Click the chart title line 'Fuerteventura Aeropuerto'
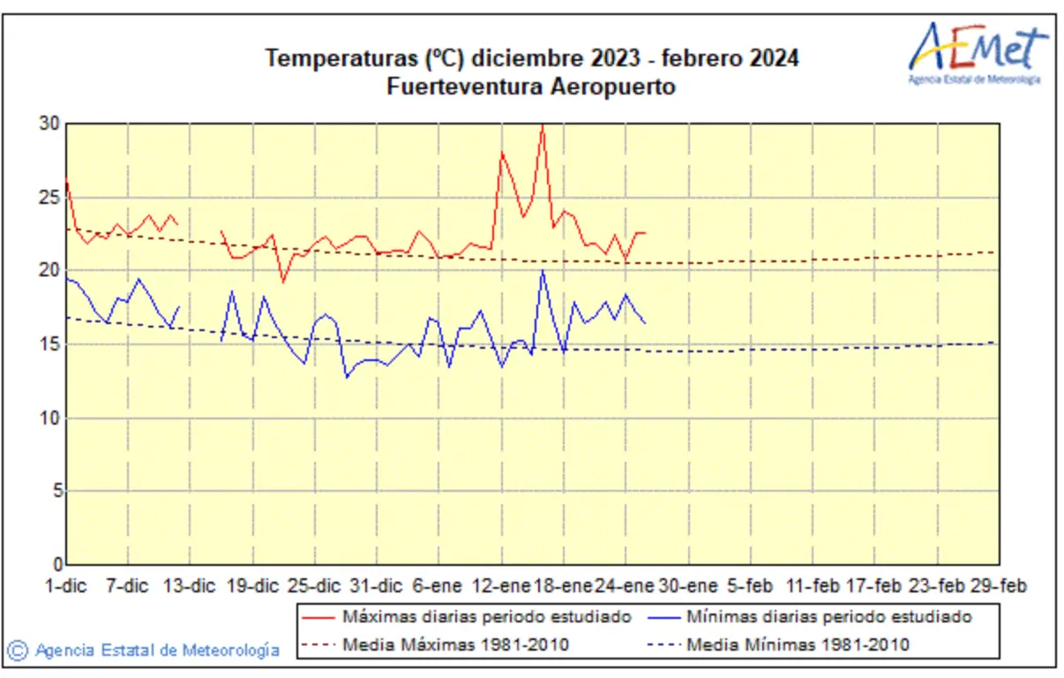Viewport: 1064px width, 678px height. click(531, 87)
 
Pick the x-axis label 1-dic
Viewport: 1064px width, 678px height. click(66, 586)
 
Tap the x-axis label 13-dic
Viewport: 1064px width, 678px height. click(191, 586)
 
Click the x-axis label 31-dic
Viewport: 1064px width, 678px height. click(377, 586)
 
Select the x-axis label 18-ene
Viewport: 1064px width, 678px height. click(564, 586)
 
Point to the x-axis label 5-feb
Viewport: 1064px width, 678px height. click(750, 586)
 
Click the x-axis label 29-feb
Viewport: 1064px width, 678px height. click(998, 586)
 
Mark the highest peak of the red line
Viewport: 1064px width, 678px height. click(543, 126)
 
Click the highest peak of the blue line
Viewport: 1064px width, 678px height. click(543, 271)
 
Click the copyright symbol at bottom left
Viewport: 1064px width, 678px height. click(18, 651)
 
